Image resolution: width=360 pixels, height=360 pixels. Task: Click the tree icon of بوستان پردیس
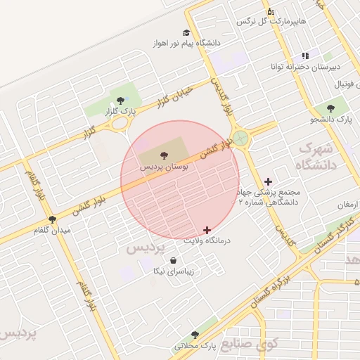point(163,154)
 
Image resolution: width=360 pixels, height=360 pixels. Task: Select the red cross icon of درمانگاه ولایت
point(207,230)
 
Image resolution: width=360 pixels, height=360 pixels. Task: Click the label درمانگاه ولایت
point(207,241)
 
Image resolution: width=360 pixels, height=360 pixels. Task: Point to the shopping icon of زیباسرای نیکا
point(173,260)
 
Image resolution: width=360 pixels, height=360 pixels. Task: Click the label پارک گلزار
point(120,110)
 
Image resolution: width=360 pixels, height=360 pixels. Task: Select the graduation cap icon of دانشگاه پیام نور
point(186,32)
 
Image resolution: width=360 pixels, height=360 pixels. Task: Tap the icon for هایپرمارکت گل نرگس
point(270,11)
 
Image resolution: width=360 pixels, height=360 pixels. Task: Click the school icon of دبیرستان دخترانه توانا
point(305,56)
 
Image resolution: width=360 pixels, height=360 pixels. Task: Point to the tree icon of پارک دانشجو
point(330,109)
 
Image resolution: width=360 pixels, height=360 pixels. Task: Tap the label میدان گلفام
point(52,230)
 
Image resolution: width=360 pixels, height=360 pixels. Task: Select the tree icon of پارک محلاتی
point(195,336)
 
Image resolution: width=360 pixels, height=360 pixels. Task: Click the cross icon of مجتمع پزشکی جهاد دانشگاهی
point(269,182)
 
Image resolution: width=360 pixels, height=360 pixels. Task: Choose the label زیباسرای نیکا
point(174,271)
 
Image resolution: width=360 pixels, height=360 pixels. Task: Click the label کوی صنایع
point(250,344)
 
